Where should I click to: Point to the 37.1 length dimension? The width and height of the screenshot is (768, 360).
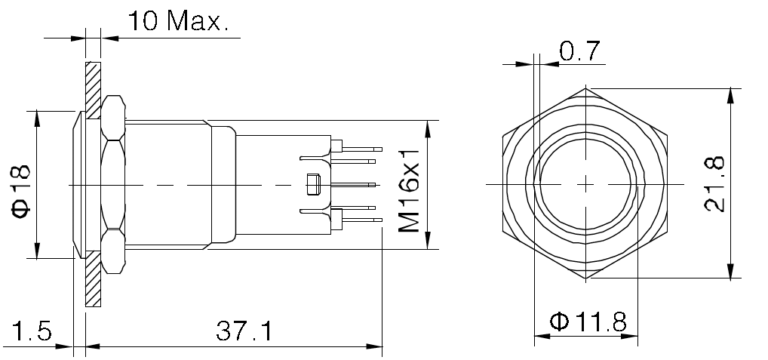244,331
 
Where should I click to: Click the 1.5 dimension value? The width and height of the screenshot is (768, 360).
31,331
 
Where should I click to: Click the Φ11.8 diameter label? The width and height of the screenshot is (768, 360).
588,322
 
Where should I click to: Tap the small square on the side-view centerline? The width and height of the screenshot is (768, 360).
312,184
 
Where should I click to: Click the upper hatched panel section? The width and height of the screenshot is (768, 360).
93,89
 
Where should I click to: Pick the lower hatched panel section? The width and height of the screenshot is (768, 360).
93,280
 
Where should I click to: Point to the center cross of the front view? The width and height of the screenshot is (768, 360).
586,184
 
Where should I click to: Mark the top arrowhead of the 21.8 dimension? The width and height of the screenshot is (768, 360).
730,95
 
